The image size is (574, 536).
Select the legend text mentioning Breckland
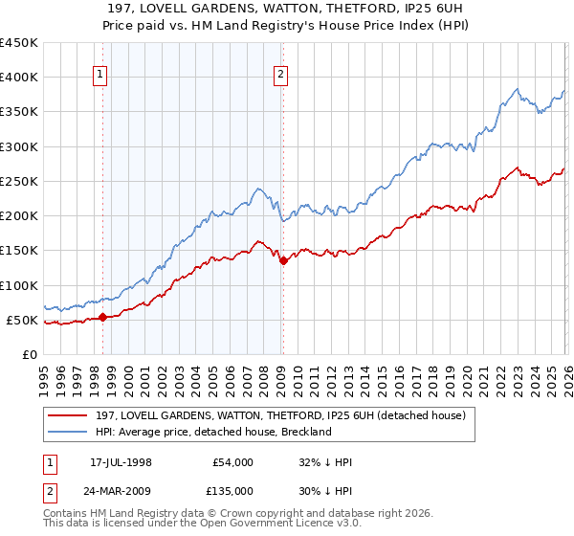point(213,432)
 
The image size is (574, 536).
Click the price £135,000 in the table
point(232,491)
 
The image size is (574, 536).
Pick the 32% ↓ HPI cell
point(325,462)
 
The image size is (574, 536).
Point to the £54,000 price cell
point(232,462)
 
